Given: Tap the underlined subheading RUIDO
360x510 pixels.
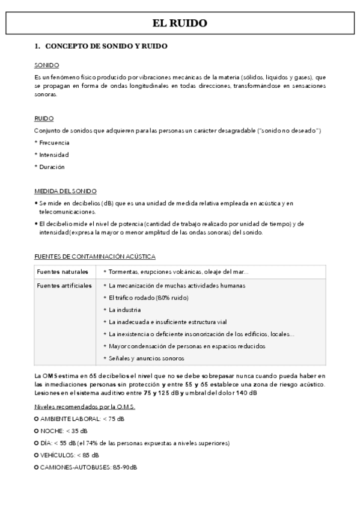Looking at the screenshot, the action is pyautogui.click(x=44, y=118).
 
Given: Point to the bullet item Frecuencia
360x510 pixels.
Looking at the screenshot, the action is pyautogui.click(x=52, y=143).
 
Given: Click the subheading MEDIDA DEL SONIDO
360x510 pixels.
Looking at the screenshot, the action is pyautogui.click(x=66, y=191).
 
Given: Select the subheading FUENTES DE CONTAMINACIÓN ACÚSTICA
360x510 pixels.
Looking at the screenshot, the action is pyautogui.click(x=95, y=257).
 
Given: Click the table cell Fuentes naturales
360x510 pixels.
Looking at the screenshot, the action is pyautogui.click(x=63, y=272).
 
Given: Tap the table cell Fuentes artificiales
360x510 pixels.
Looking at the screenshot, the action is pyautogui.click(x=64, y=285).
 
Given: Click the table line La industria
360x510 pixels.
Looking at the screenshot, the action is pyautogui.click(x=126, y=310).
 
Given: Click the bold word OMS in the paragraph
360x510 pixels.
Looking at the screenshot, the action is pyautogui.click(x=50, y=376).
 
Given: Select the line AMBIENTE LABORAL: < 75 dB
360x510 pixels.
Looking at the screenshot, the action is pyautogui.click(x=82, y=419).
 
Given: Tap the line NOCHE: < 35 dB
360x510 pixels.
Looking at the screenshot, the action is pyautogui.click(x=64, y=431).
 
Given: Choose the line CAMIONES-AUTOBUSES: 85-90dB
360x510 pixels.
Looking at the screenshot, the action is pyautogui.click(x=88, y=467).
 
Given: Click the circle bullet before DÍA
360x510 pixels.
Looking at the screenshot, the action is pyautogui.click(x=37, y=443).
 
